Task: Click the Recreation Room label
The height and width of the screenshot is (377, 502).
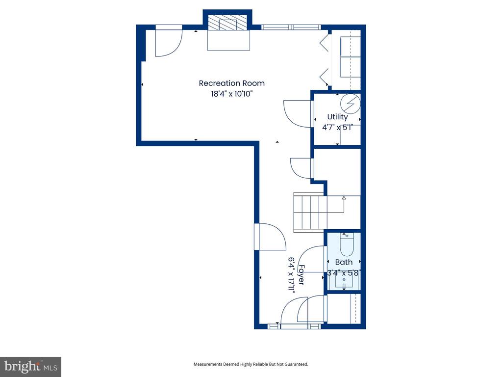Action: point(232,83)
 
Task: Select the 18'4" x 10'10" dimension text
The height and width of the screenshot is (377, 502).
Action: point(232,94)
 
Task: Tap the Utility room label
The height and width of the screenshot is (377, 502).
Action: point(337,117)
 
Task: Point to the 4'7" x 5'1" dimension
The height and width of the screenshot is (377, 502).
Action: point(337,127)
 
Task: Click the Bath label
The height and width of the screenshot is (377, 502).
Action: point(344,262)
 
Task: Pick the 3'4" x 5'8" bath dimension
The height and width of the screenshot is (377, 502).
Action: point(344,273)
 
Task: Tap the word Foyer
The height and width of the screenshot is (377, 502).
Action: point(301,275)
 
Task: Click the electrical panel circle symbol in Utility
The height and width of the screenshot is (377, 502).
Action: point(350,103)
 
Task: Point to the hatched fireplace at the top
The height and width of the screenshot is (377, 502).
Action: point(227,23)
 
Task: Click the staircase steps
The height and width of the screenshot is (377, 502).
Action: point(310,212)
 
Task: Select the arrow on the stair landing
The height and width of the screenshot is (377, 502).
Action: point(344,204)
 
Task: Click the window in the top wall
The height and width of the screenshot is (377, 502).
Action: point(291,27)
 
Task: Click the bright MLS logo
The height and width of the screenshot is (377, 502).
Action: point(31,367)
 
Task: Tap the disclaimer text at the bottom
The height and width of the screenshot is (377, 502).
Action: point(251,364)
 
